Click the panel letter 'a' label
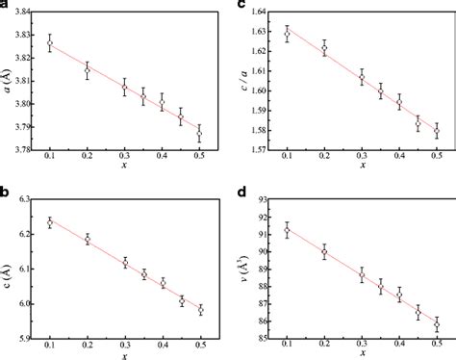click(5, 6)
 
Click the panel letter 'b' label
click(6, 188)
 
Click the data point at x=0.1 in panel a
click(50, 43)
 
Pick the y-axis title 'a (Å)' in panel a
click(7, 82)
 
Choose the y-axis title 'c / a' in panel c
click(241, 82)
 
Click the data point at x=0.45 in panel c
click(418, 123)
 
